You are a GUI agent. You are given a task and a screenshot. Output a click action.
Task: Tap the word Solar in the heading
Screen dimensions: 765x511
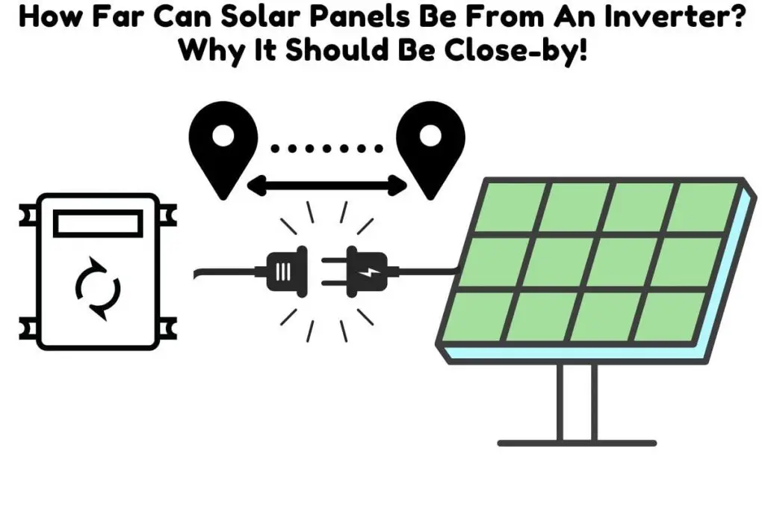point(261,16)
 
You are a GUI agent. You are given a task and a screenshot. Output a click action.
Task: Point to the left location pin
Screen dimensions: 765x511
point(223,150)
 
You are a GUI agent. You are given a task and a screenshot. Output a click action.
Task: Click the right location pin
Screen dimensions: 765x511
point(430,150)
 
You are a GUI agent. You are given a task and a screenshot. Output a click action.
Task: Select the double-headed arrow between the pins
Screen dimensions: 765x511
point(327,186)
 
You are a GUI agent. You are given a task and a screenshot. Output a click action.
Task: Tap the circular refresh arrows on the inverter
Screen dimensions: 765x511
point(98,288)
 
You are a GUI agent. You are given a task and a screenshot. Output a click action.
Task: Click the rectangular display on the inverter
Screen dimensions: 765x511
point(98,224)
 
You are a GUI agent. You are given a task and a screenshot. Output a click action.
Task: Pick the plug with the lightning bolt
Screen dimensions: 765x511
point(367,272)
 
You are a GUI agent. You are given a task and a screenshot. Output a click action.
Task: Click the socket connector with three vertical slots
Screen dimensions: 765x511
point(287,272)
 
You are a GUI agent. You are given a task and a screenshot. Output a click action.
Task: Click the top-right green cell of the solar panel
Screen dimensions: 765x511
point(705,207)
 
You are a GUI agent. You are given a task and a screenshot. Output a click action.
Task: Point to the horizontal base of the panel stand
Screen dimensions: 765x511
point(577,443)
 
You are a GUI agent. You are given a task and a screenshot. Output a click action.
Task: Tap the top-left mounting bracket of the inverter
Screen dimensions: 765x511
point(28,215)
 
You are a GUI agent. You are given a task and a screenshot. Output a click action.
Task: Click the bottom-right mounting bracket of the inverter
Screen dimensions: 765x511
point(168,328)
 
